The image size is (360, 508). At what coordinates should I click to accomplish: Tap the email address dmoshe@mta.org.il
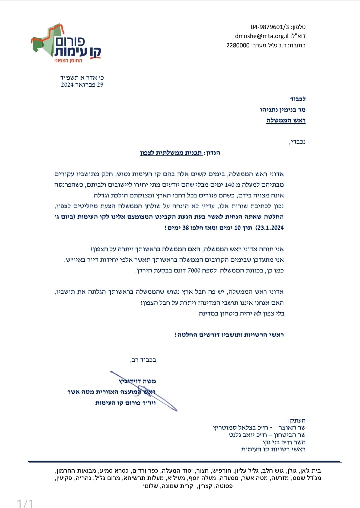click(x=262, y=36)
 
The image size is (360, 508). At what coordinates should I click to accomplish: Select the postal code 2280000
click(x=238, y=45)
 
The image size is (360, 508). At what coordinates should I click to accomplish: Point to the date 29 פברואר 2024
click(x=82, y=85)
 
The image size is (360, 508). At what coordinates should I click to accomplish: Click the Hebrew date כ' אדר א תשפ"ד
click(x=82, y=77)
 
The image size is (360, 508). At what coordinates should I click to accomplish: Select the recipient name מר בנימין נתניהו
click(x=283, y=109)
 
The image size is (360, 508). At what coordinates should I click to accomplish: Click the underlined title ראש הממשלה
click(x=286, y=120)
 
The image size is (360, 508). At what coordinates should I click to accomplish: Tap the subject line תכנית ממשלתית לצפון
click(x=171, y=153)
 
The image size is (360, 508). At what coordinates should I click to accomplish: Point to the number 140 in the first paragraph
click(x=230, y=184)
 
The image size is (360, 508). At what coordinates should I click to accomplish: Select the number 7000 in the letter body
click(x=194, y=270)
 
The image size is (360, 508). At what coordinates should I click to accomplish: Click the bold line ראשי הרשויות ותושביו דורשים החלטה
click(x=229, y=335)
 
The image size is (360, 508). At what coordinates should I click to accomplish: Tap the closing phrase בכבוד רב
click(x=143, y=360)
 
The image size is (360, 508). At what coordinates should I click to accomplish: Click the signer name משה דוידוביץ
click(x=137, y=381)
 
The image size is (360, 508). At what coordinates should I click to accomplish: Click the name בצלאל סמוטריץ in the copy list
click(x=232, y=428)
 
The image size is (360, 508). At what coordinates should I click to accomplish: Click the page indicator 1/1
click(x=25, y=503)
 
